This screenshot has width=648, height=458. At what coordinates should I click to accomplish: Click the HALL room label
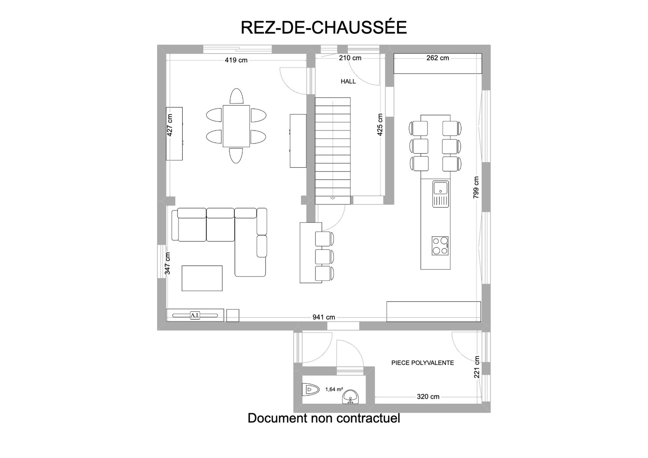[348, 82]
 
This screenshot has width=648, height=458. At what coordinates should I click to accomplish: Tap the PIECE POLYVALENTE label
[422, 363]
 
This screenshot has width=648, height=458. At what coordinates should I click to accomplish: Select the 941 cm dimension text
[324, 317]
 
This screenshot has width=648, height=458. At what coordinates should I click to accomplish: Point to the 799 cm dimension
[476, 187]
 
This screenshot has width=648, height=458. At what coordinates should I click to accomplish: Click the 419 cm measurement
[236, 60]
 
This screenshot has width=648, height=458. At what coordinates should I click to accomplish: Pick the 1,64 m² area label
[334, 389]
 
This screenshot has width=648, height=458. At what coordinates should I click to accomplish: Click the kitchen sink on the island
[441, 194]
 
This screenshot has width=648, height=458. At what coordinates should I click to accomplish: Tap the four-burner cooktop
[440, 246]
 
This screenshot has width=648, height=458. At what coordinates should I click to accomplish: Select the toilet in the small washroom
[310, 389]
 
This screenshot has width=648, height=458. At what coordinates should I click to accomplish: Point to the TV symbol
[195, 315]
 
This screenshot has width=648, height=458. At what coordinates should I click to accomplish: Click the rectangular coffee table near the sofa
[202, 278]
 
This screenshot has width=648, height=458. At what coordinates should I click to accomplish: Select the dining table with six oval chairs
[236, 126]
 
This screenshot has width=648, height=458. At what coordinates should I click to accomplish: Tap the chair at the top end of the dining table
[237, 96]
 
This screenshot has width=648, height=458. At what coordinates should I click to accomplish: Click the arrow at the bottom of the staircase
[333, 198]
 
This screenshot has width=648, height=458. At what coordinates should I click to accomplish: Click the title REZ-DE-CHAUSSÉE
[324, 28]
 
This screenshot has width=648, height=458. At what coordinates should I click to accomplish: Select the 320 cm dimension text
[428, 397]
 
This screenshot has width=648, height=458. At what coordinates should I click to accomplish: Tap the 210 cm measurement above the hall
[350, 58]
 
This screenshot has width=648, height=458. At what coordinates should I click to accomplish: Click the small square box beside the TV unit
[233, 316]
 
